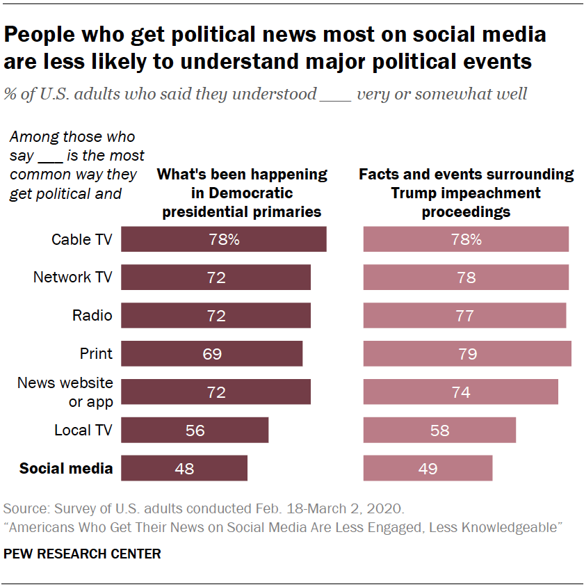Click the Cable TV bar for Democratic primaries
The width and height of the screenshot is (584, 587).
pos(224,239)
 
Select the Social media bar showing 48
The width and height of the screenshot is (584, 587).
pos(184,468)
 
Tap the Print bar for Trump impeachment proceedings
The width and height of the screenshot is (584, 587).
pos(467,354)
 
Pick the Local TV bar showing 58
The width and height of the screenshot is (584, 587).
pos(439,431)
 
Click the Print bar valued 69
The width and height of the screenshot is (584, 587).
pos(212,354)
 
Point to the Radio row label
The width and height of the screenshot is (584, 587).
pos(92,316)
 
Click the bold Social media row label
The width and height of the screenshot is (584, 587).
pos(66,468)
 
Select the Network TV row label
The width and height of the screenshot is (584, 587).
pos(72,278)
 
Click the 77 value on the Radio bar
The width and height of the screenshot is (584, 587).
pos(466,316)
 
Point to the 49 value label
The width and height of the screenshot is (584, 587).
pos(428,469)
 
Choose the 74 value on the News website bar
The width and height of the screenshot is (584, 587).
pos(461,392)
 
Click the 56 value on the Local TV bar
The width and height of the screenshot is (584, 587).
pos(195,431)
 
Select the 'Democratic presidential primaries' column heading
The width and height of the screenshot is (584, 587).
pos(242,193)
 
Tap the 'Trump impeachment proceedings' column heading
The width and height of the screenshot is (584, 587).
pos(466,193)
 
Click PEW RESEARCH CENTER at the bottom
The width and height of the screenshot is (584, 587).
pos(82,554)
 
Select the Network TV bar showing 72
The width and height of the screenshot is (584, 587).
pos(216,278)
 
